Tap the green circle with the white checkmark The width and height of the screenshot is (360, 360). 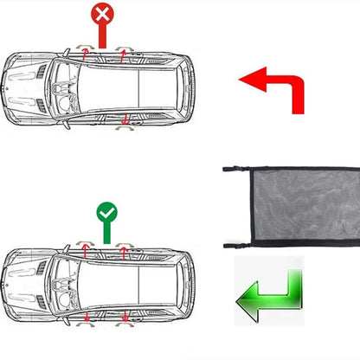click(106, 210)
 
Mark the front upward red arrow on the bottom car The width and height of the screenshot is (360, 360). click(85, 250)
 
